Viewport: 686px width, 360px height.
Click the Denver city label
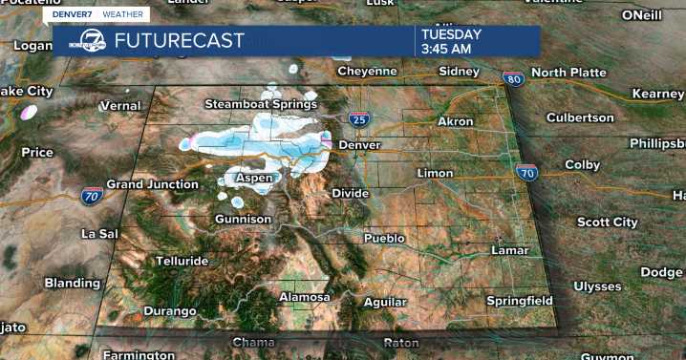click(x=359, y=144)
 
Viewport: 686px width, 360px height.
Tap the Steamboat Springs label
click(x=260, y=103)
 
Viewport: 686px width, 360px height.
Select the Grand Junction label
click(x=150, y=183)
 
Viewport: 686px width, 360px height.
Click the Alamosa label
click(x=304, y=297)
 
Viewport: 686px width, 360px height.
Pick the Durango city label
click(x=169, y=311)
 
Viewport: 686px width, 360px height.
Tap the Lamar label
click(x=508, y=250)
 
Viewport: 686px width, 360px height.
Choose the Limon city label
click(x=435, y=173)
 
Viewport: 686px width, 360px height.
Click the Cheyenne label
click(x=366, y=71)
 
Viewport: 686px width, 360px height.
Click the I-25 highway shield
click(x=358, y=119)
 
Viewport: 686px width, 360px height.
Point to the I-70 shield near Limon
click(x=525, y=173)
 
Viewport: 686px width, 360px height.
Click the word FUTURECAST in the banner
click(x=180, y=41)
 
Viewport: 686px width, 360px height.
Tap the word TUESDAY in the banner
click(x=452, y=32)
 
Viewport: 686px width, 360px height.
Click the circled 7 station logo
click(x=90, y=41)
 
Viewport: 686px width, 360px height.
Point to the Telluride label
click(x=182, y=261)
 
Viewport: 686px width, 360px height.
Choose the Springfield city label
click(x=519, y=301)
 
